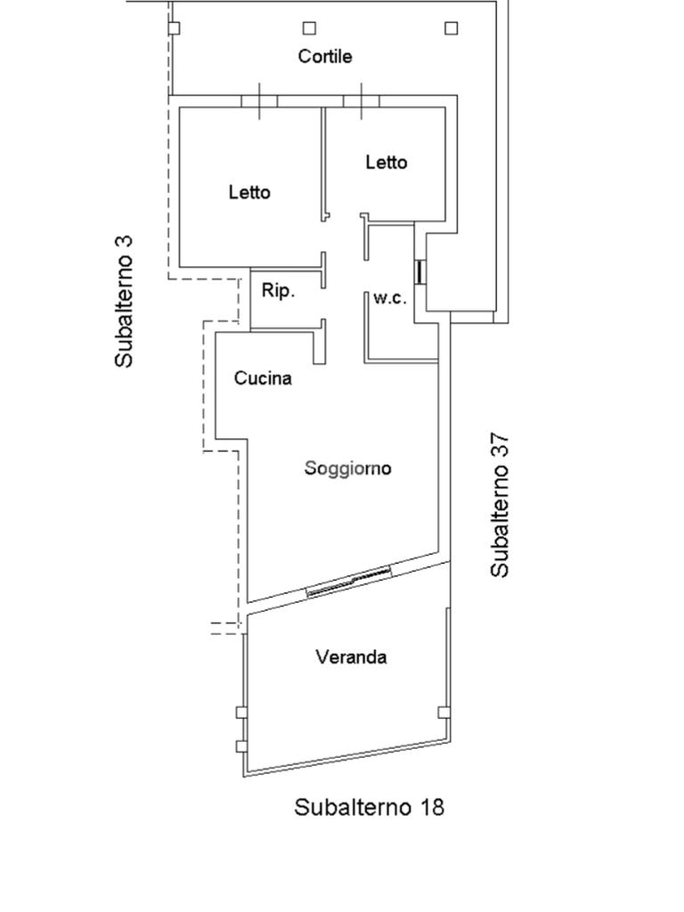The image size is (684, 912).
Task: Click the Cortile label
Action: [x=325, y=56]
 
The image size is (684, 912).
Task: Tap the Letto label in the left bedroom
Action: [x=249, y=191]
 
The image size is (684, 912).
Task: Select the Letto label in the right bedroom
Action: [x=387, y=162]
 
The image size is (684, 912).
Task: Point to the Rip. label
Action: [x=278, y=290]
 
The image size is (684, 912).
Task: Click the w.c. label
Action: [x=390, y=298]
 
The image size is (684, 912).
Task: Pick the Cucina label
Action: [x=263, y=378]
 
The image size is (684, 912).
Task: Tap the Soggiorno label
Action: [x=347, y=468]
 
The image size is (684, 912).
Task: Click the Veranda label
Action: [x=351, y=657]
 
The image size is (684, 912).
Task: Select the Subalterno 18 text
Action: [x=369, y=807]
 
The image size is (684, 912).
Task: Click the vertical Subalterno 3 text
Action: [x=124, y=301]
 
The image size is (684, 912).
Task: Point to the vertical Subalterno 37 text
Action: [x=501, y=504]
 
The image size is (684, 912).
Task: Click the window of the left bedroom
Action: [x=259, y=100]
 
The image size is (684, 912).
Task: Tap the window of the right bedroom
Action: [x=361, y=100]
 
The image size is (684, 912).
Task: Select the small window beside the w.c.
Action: [x=419, y=272]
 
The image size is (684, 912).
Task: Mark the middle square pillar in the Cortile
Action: [x=310, y=28]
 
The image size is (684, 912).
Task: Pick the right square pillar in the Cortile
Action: [x=451, y=28]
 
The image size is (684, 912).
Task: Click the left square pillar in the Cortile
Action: [x=174, y=28]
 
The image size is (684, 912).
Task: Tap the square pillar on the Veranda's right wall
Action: [x=444, y=712]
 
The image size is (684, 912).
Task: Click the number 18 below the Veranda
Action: [x=429, y=807]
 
